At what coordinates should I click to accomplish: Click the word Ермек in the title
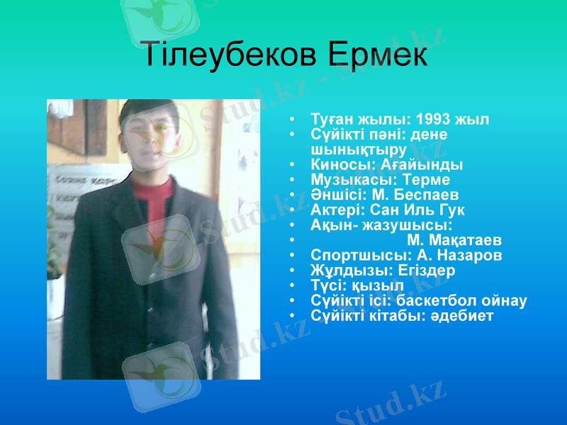[x=378, y=55]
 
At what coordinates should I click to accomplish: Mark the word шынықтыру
[x=359, y=149]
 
